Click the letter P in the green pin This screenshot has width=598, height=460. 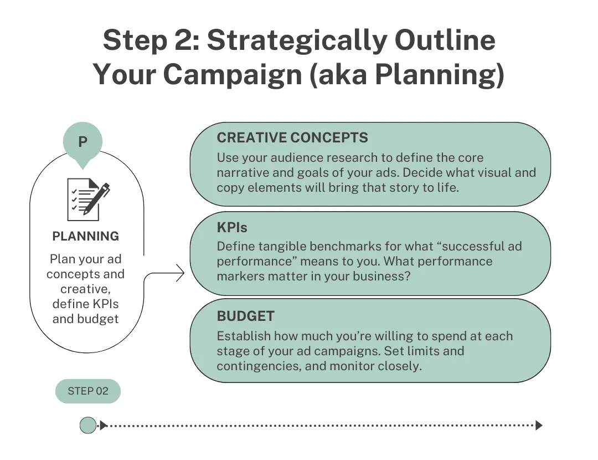pyautogui.click(x=83, y=142)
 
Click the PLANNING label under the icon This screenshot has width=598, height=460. pyautogui.click(x=85, y=236)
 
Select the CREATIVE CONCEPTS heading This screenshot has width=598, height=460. pyautogui.click(x=292, y=138)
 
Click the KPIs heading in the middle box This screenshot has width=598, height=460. pyautogui.click(x=232, y=228)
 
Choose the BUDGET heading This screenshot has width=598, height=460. pyautogui.click(x=246, y=316)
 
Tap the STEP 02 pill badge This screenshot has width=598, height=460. pyautogui.click(x=88, y=391)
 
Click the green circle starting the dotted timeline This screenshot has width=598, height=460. pyautogui.click(x=88, y=425)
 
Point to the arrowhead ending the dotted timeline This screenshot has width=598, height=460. pyautogui.click(x=539, y=425)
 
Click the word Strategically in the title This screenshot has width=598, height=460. pyautogui.click(x=297, y=40)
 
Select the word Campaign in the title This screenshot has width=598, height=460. pyautogui.click(x=233, y=74)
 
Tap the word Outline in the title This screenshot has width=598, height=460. pyautogui.click(x=445, y=40)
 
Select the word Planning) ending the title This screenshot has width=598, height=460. pyautogui.click(x=440, y=74)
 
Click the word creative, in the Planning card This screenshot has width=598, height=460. pyautogui.click(x=85, y=289)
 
